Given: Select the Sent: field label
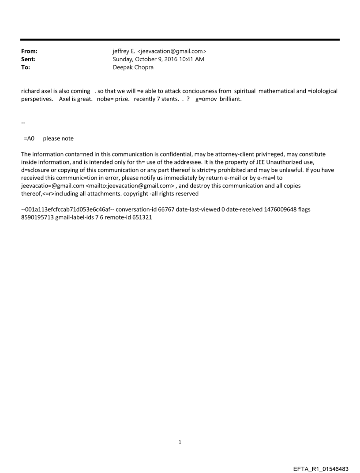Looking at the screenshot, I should click(28, 59).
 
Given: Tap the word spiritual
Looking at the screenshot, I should click(245, 91).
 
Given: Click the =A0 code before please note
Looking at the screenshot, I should click(29, 138).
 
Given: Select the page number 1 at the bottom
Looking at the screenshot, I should click(180, 442).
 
